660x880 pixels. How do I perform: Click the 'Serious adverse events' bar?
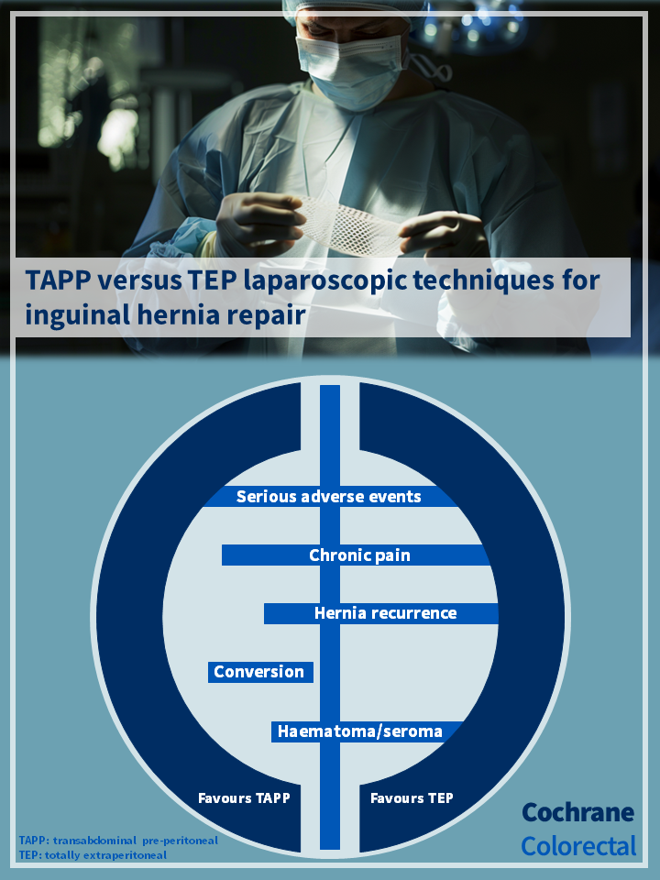pos(330,497)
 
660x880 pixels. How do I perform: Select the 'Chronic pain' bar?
pos(356,555)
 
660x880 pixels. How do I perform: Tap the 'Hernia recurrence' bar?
pos(381,613)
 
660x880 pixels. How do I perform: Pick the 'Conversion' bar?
pos(260,672)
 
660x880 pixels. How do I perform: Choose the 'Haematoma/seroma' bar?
pos(367,731)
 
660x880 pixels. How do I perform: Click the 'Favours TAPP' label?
pos(244,798)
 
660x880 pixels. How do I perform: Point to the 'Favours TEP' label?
pos(412,798)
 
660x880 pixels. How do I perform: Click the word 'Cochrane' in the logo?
pos(578,812)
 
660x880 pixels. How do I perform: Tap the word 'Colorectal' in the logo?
pos(578,846)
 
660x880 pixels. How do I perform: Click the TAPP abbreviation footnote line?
pos(118,841)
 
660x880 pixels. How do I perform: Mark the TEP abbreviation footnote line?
pos(93,855)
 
